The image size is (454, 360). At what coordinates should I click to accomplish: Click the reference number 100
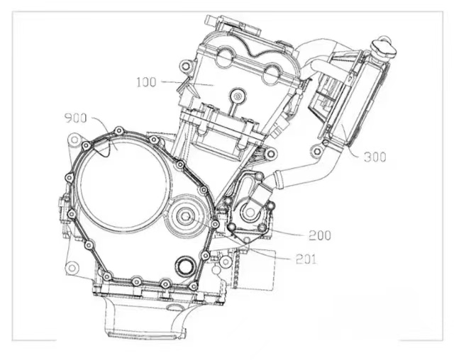146,82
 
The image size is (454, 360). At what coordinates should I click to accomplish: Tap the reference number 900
75,118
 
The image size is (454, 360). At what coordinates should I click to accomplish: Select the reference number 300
375,157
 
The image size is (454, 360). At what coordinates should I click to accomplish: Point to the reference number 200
320,236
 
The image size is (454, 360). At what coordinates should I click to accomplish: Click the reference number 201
306,259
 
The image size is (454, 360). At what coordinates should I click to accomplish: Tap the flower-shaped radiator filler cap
384,47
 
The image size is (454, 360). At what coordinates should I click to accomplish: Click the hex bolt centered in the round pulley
185,216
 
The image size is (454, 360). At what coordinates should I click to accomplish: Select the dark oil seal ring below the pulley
184,264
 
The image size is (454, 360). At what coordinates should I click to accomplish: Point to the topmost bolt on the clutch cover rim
118,131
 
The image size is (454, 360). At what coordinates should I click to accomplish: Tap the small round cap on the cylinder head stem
238,96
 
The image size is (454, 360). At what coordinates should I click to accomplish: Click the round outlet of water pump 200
250,213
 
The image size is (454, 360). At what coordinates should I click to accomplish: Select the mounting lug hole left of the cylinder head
186,67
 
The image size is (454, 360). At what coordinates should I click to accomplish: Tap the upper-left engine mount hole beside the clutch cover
74,140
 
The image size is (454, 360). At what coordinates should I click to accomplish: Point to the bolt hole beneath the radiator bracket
318,151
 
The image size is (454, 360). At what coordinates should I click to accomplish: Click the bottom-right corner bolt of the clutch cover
193,286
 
